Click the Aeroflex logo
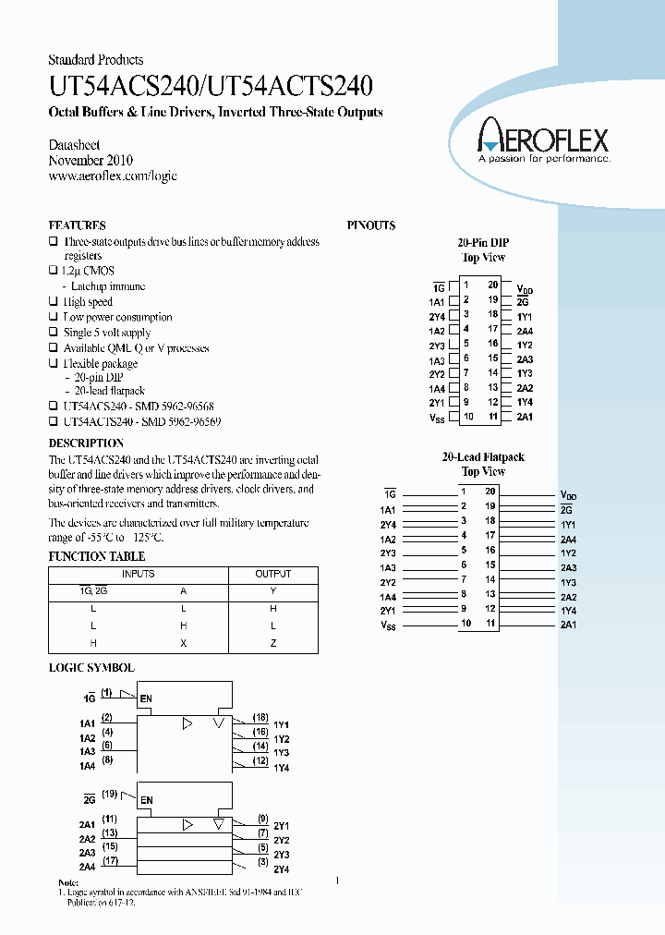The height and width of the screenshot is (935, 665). coord(543,141)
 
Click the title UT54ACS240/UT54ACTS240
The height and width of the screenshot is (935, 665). coord(211,87)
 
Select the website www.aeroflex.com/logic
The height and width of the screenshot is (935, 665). coord(113,176)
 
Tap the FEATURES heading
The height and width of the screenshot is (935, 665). coord(77,225)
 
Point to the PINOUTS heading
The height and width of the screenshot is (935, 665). coord(371,225)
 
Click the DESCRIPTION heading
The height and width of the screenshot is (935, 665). coord(86,443)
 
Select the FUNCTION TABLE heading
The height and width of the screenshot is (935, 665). coord(96,556)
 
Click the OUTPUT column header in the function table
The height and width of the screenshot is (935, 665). coord(273,574)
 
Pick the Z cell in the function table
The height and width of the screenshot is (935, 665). coord(273,643)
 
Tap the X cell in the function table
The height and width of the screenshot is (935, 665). coord(184,643)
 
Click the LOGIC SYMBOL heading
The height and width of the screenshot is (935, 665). coord(91,667)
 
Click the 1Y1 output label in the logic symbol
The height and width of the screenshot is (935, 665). coord(282,725)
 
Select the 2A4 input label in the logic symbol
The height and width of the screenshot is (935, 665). coord(88,867)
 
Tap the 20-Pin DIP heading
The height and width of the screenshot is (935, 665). coord(484,242)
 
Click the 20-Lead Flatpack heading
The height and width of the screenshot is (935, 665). coord(484,457)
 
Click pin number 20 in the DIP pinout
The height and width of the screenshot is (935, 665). coord(493,285)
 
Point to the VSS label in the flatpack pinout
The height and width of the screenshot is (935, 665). coord(387,625)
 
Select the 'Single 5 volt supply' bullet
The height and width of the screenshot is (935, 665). coord(106,333)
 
